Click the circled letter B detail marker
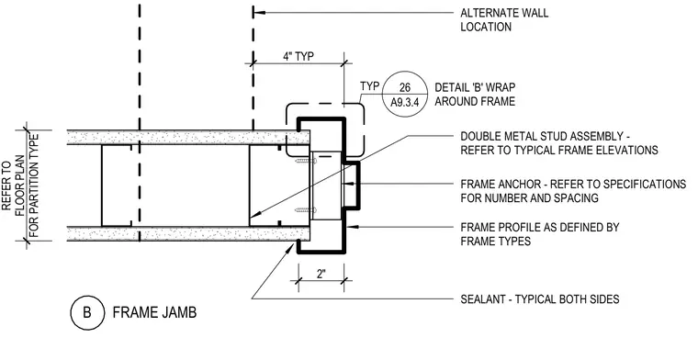tap(87, 313)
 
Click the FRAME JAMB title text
tap(154, 313)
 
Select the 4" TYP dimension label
tap(298, 57)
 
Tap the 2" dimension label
tap(321, 274)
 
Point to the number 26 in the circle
tap(405, 87)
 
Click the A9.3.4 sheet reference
tap(405, 102)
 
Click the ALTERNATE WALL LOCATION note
tap(504, 20)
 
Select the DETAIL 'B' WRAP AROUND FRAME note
tap(475, 95)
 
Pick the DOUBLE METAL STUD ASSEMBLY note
tap(559, 143)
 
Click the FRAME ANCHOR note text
tap(573, 191)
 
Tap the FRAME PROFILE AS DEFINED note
tap(539, 234)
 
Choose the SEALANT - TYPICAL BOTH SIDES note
tap(539, 299)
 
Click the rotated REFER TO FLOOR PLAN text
tap(21, 186)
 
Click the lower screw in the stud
tap(305, 209)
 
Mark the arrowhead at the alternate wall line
tap(259, 13)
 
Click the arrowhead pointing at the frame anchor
tap(350, 184)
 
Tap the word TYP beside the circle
tap(369, 86)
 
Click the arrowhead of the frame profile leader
tap(352, 227)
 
